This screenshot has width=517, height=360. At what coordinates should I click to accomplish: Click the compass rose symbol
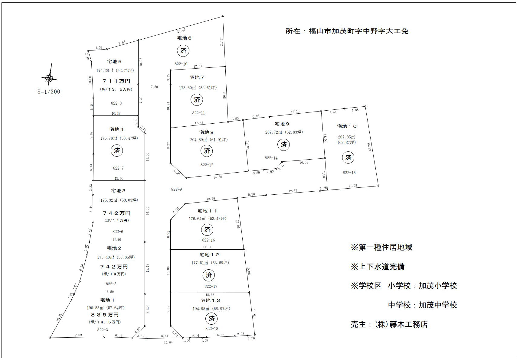point(49,78)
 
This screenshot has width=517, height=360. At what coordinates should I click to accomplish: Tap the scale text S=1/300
point(49,92)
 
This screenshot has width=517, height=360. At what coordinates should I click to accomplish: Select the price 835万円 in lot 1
point(105,315)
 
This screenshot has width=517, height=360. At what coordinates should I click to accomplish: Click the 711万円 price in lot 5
point(116,81)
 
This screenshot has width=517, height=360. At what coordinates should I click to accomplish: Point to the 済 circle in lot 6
point(183,51)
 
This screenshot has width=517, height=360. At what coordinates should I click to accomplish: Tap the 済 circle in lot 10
point(348,157)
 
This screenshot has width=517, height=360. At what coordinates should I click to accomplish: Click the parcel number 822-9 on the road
point(176,189)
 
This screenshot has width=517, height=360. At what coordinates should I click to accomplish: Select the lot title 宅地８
point(206,132)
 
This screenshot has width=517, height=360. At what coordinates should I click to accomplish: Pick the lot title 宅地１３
point(210,300)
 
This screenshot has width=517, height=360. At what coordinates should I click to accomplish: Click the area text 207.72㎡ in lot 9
point(273,132)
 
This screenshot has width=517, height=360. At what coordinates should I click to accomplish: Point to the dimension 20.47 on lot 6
point(181,31)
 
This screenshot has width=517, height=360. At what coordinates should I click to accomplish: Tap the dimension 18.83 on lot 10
point(369,147)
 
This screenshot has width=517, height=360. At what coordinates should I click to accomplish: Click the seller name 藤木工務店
point(408,325)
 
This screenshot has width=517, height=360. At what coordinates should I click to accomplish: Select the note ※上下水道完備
point(378,267)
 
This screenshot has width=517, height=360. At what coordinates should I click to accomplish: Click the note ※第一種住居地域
point(381,248)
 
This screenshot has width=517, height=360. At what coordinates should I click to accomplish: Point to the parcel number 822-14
point(271,158)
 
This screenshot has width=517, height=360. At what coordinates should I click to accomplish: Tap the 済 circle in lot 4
point(117,151)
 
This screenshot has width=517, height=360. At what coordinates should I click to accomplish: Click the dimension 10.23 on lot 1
point(59,317)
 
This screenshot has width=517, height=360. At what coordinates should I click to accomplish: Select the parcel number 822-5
point(111,284)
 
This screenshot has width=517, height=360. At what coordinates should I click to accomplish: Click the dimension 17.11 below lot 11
point(207,247)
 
